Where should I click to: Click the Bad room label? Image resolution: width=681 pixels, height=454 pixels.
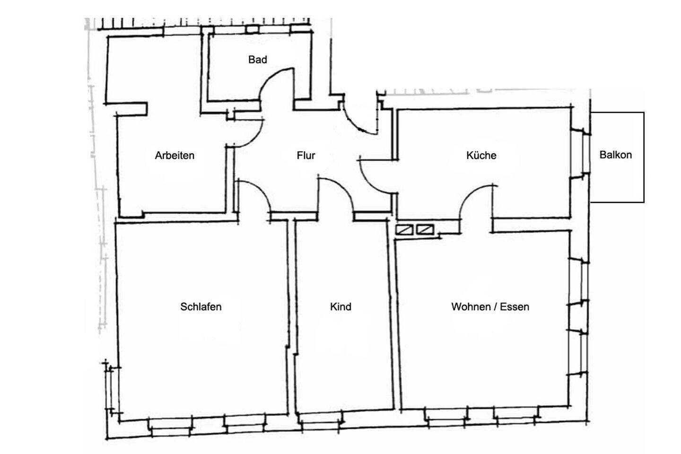tap(257, 60)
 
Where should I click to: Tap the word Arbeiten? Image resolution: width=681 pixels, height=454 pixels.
tap(175, 156)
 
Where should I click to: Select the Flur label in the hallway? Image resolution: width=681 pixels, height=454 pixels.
tap(306, 156)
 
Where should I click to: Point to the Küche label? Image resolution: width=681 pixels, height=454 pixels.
tap(481, 156)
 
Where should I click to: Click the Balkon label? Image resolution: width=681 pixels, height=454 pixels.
tap(616, 155)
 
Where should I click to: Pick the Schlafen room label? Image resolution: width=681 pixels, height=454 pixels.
tap(201, 306)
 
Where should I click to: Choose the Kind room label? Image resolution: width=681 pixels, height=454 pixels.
tap(340, 306)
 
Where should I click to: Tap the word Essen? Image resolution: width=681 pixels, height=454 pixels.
tap(515, 306)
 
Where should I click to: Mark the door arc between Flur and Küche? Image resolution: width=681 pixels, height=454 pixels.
tap(369, 183)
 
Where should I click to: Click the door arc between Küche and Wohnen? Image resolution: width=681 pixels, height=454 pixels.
tap(470, 195)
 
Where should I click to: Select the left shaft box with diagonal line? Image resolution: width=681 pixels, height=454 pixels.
tap(404, 229)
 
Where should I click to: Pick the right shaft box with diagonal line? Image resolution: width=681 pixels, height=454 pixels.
tap(425, 229)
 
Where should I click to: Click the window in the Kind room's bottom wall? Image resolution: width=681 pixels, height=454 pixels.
tap(321, 424)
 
